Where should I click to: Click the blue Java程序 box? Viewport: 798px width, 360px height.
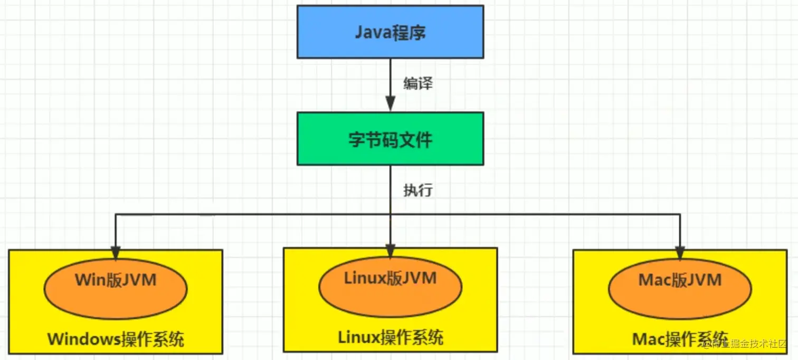(390, 32)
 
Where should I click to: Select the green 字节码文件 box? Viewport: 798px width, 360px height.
(390, 138)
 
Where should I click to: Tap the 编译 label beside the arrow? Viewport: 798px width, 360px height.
(418, 83)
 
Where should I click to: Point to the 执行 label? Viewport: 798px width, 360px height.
(418, 190)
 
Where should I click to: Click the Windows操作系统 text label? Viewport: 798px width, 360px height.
(116, 339)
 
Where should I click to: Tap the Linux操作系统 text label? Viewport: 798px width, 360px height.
(390, 336)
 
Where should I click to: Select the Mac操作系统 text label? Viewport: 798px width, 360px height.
(680, 338)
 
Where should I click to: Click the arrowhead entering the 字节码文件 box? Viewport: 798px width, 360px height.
(390, 104)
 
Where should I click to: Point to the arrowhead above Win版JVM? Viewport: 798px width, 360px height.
(116, 251)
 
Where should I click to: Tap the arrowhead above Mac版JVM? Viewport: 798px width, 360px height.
(680, 251)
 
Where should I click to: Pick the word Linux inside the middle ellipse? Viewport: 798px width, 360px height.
(365, 278)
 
